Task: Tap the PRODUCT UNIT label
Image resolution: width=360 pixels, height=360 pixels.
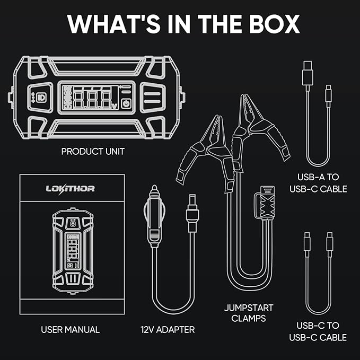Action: [x=93, y=152]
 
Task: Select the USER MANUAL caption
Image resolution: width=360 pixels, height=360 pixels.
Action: [x=70, y=330]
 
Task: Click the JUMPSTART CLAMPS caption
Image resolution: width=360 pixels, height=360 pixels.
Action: [x=244, y=313]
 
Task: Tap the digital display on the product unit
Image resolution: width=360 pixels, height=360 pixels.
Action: [x=94, y=97]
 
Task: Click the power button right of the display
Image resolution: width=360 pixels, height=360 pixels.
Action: [x=126, y=103]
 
